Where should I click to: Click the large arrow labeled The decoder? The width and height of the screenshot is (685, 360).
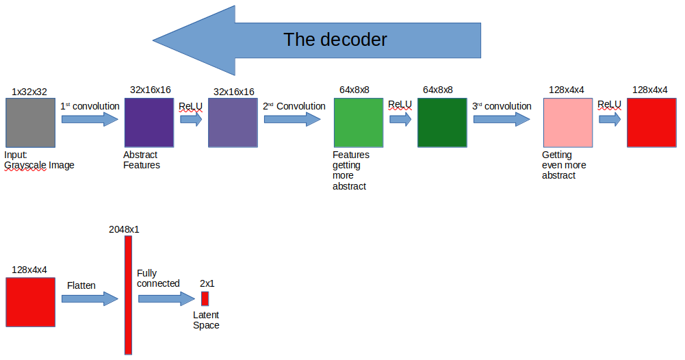click(x=315, y=40)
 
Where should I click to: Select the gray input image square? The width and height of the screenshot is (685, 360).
click(x=30, y=123)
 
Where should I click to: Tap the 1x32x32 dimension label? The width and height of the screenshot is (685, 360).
click(x=29, y=91)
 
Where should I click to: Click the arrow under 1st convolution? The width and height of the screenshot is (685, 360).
click(x=90, y=120)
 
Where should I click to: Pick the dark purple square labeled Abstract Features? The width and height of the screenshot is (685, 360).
click(x=148, y=123)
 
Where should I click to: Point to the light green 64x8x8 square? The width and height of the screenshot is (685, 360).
click(x=359, y=123)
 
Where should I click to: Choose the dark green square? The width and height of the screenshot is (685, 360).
click(x=442, y=123)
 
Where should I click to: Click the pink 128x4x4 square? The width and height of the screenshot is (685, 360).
click(x=567, y=123)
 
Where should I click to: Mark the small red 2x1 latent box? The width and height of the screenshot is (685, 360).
click(x=205, y=298)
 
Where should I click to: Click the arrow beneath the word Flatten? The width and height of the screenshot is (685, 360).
click(x=90, y=298)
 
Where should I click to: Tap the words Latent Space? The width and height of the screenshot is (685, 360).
click(x=206, y=320)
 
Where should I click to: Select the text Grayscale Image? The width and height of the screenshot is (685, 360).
click(x=39, y=165)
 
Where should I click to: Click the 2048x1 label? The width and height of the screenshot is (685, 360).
click(x=124, y=229)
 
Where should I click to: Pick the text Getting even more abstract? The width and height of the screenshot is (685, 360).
click(x=564, y=165)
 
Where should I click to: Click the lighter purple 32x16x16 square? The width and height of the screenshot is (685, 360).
click(x=233, y=123)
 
